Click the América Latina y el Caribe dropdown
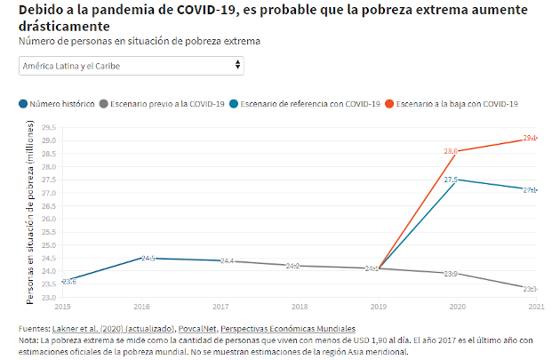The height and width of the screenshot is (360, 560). (x=131, y=66)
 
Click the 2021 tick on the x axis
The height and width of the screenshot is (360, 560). (x=535, y=306)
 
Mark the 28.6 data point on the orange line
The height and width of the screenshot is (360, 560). (x=457, y=151)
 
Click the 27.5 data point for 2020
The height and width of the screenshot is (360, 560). (x=457, y=180)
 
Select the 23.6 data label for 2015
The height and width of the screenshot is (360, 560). (x=68, y=282)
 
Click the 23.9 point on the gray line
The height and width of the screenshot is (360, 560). (x=457, y=273)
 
